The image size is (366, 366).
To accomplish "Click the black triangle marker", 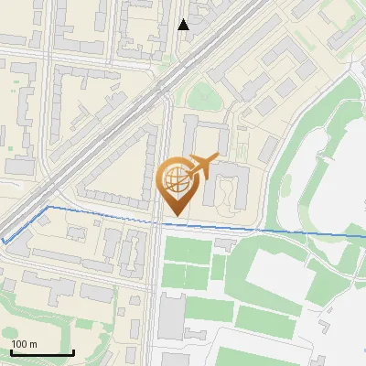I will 184,25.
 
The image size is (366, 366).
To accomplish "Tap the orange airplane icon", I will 206,164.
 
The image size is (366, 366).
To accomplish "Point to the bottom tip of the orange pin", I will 177,218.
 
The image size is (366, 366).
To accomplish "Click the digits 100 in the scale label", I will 20,344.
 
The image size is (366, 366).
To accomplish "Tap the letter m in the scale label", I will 34,344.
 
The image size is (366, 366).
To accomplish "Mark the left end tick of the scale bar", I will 11,352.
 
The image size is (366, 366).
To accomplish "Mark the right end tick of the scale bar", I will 73,352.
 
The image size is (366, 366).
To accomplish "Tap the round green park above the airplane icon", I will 202,95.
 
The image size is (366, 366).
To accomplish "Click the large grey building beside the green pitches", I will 171,316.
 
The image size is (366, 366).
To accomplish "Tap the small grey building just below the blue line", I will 226,242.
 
